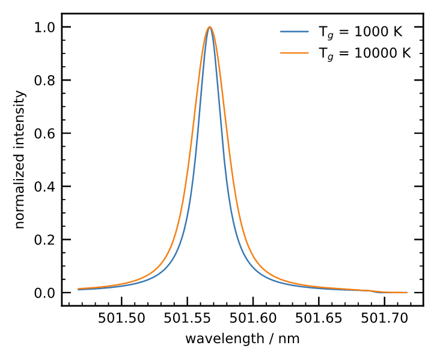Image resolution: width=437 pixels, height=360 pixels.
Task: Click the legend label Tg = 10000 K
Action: click(364, 53)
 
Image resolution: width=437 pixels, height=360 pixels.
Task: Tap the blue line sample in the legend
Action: click(295, 32)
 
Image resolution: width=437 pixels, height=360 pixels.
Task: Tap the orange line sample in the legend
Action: click(295, 53)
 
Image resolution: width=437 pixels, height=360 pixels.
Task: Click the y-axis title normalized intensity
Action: click(20, 160)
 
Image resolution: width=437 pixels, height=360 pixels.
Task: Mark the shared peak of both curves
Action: click(210, 27)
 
